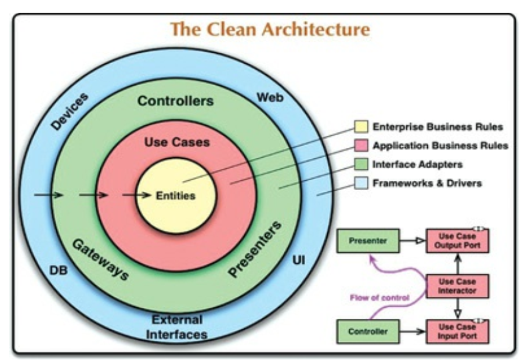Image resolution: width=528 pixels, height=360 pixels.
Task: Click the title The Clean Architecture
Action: (270, 30)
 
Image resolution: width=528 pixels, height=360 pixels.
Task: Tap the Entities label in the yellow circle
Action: (175, 195)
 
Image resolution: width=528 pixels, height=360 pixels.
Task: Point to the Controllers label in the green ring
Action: (175, 101)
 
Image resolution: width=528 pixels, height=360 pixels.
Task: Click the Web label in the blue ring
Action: (270, 97)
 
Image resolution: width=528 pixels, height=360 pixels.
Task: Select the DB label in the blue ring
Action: (59, 270)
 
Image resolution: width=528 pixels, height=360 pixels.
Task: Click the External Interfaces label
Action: (176, 327)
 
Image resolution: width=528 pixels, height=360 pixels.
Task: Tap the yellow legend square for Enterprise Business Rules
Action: (361, 127)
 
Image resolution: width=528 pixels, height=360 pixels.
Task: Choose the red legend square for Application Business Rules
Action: (361, 146)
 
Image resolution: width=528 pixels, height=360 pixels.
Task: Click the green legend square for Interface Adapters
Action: (361, 165)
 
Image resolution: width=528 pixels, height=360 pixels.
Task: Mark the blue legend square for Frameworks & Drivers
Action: (361, 183)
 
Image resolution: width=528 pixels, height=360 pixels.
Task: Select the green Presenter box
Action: (368, 240)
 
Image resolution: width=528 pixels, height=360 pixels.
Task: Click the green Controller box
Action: (368, 332)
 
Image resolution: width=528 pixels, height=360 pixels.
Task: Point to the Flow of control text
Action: (379, 298)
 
